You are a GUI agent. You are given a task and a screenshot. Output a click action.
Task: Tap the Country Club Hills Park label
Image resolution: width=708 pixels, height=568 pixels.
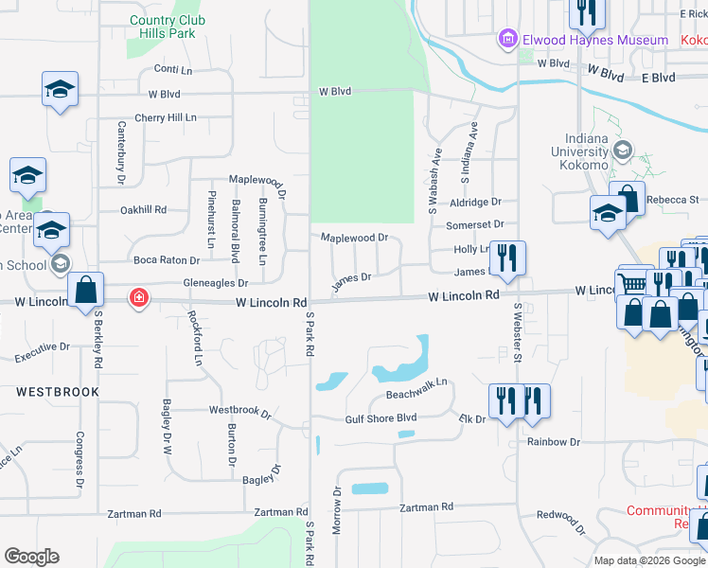tap(167, 27)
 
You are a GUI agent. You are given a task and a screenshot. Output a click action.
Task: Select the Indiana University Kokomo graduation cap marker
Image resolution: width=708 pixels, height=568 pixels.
tap(623, 150)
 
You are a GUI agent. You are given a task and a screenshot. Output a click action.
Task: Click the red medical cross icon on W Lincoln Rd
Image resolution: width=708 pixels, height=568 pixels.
tap(139, 299)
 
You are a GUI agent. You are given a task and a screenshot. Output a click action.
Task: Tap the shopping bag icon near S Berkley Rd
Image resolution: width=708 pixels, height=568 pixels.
tap(85, 291)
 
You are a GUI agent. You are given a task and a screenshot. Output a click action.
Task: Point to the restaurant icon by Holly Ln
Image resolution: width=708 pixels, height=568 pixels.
tap(507, 257)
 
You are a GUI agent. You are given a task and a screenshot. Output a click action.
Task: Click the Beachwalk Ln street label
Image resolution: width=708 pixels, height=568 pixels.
tap(416, 395)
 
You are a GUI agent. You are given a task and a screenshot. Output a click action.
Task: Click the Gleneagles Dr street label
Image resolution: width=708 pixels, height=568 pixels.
tap(216, 283)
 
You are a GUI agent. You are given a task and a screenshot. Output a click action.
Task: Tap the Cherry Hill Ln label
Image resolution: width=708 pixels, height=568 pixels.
tap(166, 117)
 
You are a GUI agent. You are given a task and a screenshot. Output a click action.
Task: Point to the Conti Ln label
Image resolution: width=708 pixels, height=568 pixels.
tap(173, 70)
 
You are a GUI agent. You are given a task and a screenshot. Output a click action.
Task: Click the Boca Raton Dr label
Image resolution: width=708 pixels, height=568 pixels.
tap(164, 259)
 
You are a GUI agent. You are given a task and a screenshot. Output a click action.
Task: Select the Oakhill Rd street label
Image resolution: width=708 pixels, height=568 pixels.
tap(144, 210)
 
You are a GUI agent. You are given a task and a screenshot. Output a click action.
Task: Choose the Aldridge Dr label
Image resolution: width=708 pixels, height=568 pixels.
tap(475, 203)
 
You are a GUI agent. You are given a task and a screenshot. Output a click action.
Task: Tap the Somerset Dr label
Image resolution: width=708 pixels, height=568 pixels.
tap(475, 224)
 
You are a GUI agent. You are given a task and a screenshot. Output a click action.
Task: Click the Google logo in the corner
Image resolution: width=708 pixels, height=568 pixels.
tap(31, 557)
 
